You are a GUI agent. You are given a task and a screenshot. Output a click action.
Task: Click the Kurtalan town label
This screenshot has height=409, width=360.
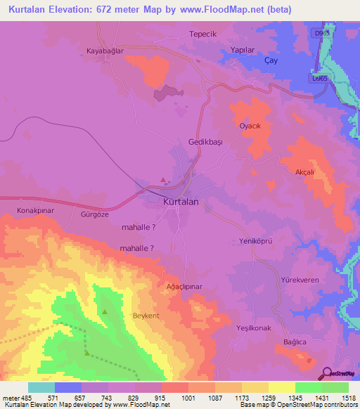pyautogui.click(x=181, y=202)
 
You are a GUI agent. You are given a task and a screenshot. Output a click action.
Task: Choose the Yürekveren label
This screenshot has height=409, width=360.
pyautogui.click(x=300, y=280)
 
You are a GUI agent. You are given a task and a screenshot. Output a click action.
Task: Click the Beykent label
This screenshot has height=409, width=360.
pyautogui.click(x=147, y=316)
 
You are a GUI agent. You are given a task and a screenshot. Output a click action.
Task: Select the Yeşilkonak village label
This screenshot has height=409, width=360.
pyautogui.click(x=254, y=328)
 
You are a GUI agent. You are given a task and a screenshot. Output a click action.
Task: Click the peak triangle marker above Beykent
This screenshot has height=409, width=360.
pyautogui.click(x=105, y=311)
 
